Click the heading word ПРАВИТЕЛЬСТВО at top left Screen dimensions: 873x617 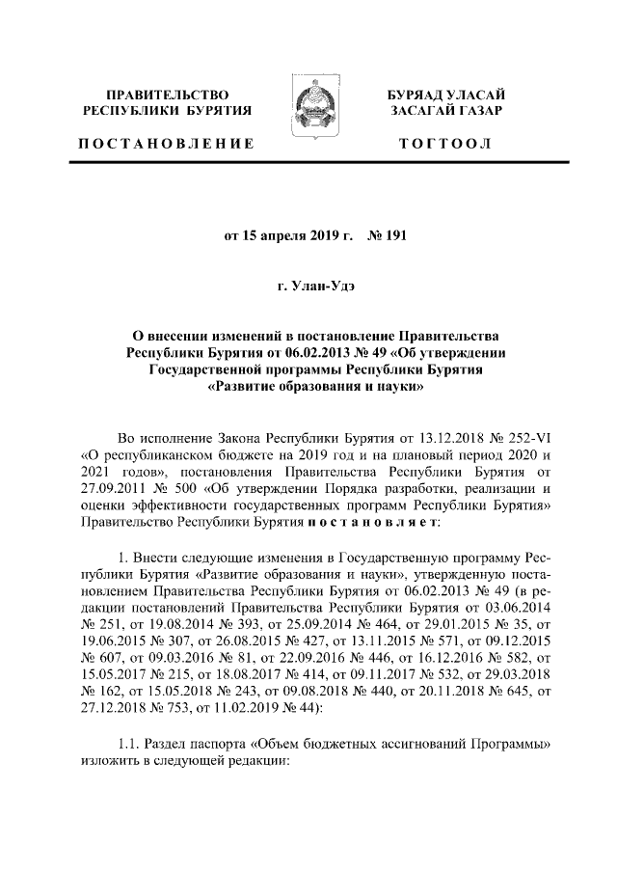168,95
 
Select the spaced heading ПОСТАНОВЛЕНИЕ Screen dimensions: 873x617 166,145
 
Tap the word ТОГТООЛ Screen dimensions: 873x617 445,145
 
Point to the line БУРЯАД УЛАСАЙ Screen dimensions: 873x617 445,95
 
